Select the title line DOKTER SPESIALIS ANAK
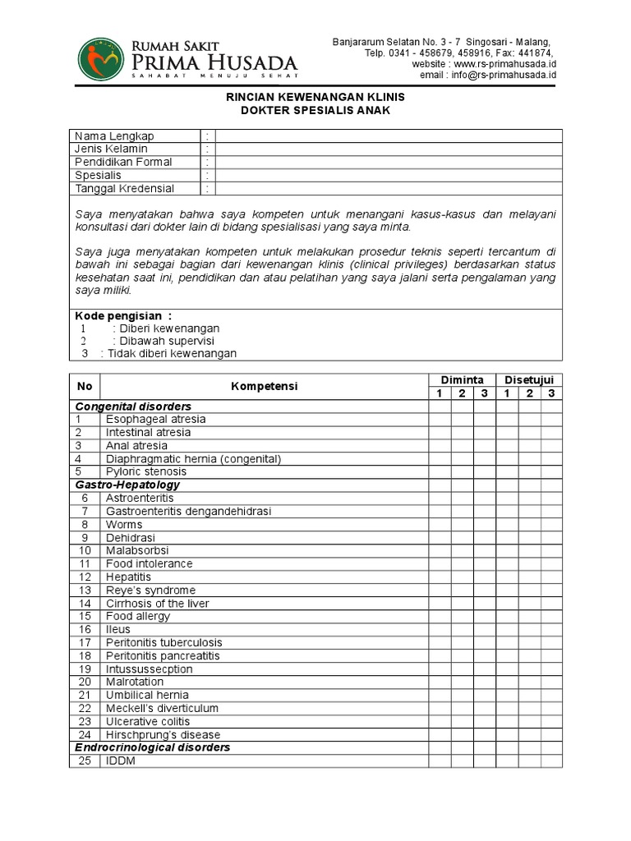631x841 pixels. point(315,110)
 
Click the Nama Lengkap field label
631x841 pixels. point(114,136)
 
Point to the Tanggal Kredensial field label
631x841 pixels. point(124,189)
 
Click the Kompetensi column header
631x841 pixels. point(265,386)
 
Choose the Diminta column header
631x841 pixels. point(462,379)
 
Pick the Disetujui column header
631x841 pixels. point(529,379)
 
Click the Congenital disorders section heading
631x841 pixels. point(133,407)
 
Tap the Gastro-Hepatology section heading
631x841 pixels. point(127,485)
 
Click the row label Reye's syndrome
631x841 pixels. point(150,590)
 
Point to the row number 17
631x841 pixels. point(84,642)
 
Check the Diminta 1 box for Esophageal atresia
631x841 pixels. point(439,419)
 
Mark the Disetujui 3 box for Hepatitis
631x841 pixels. point(551,577)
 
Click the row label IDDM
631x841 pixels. point(120,761)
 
